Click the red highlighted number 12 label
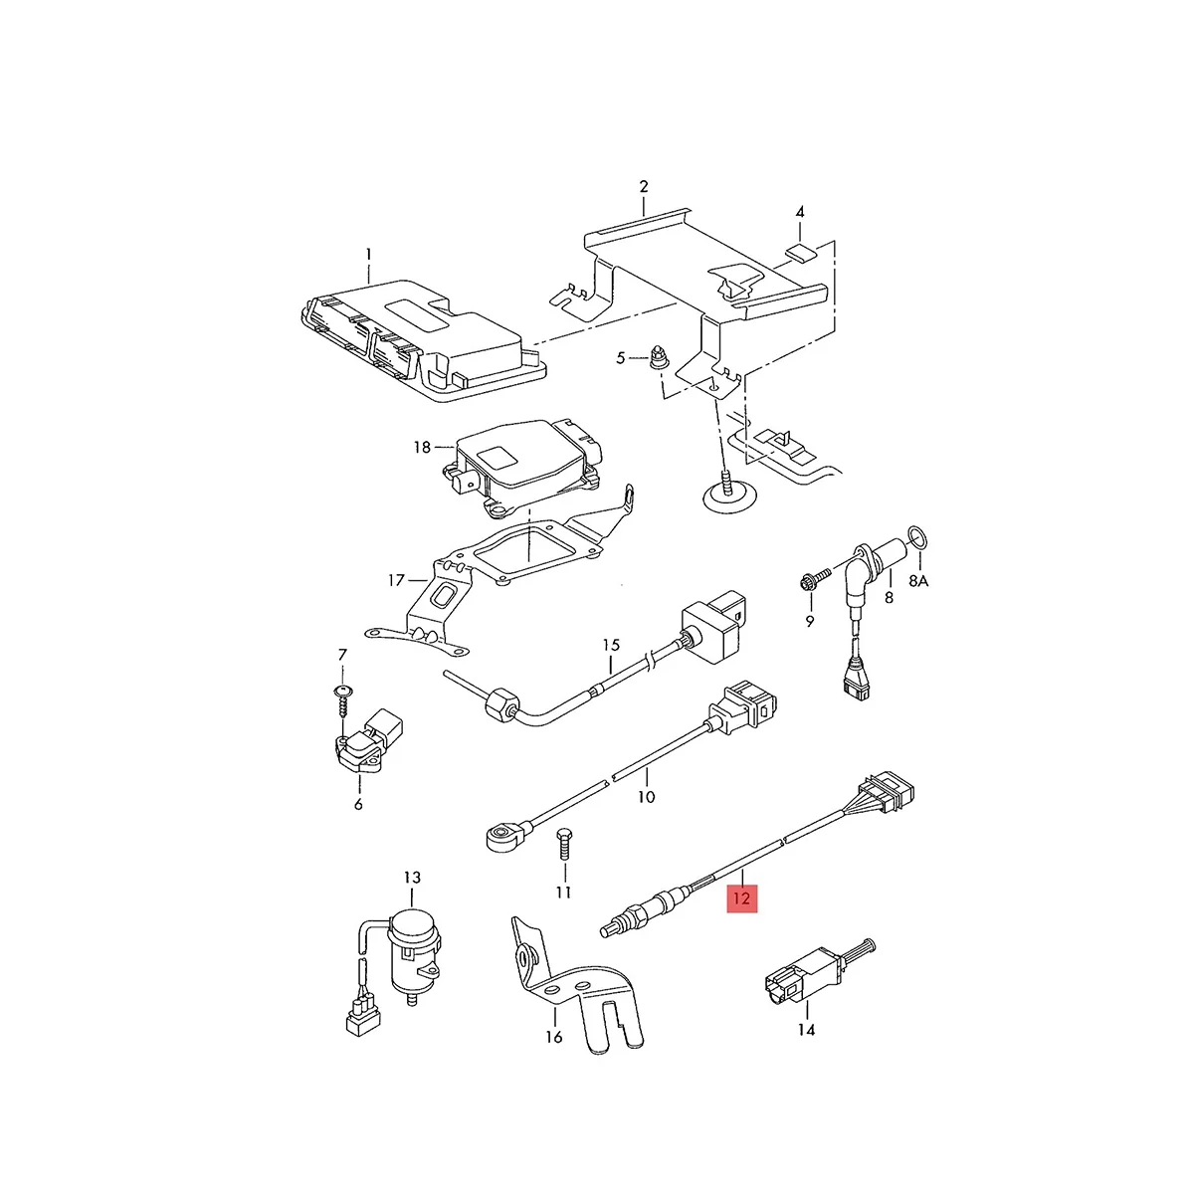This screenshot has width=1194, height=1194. [742, 898]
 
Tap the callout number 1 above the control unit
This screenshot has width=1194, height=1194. [368, 254]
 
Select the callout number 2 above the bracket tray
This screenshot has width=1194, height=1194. [644, 186]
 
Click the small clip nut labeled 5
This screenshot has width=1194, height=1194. [658, 356]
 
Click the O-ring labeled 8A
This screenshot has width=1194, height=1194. [921, 540]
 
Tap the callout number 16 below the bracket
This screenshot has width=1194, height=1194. [554, 1036]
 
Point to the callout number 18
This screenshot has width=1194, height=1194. [422, 448]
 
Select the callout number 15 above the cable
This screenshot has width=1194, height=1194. [611, 645]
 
